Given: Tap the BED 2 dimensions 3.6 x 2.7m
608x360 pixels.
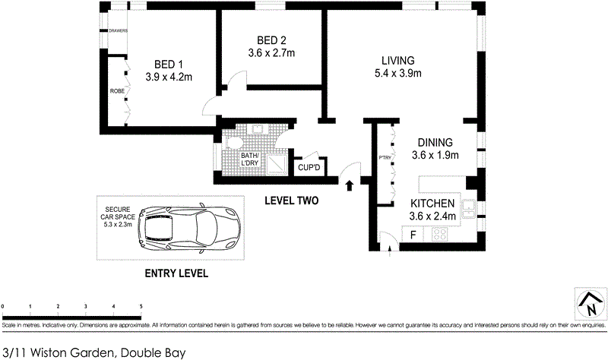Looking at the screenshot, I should point(271,53).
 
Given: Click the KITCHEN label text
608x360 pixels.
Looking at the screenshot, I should point(432,204).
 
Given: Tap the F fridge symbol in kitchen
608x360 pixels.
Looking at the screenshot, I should point(413,235).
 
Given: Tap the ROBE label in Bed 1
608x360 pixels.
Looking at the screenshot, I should point(117,91).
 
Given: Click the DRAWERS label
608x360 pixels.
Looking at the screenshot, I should point(117,31).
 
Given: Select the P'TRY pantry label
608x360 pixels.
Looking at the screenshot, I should point(384,159).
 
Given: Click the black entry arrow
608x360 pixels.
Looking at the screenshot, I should point(350,185).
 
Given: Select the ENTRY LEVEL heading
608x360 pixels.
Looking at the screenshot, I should point(176,273).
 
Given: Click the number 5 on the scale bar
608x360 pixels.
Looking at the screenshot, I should point(141,305).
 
